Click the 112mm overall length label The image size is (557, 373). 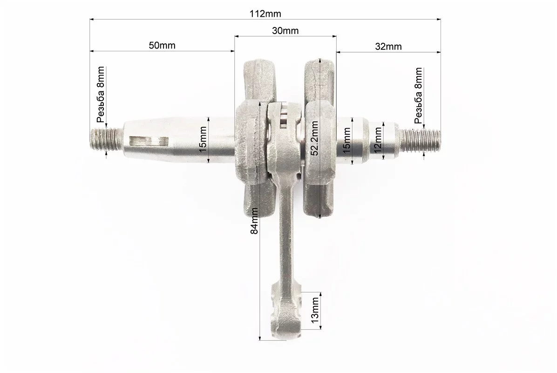(265, 14)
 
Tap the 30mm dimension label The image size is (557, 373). (285, 31)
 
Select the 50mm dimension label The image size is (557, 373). (162, 46)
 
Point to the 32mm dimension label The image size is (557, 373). (388, 47)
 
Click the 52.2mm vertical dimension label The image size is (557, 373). (314, 138)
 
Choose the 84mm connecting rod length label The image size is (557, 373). (254, 221)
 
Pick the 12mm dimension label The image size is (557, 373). (378, 140)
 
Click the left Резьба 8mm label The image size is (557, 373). (101, 95)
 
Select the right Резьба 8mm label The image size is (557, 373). (419, 95)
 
